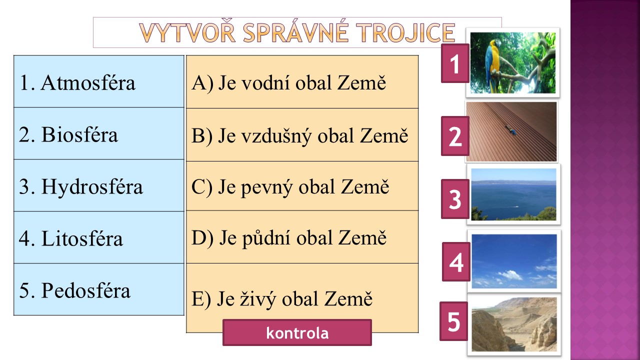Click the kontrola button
[297, 332]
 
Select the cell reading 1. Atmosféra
[99, 81]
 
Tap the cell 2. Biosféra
[99, 133]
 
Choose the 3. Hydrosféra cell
[99, 185]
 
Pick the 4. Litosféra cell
[99, 237]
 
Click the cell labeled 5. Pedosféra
[99, 289]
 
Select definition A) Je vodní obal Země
[302, 81]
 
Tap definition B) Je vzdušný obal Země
[302, 135]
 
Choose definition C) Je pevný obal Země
[302, 186]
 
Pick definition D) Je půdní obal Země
[302, 237]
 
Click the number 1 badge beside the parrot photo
[455, 63]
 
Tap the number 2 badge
[455, 136]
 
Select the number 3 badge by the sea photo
[455, 199]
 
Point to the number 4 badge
[456, 261]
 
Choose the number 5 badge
[453, 321]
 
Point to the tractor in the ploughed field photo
[510, 130]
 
